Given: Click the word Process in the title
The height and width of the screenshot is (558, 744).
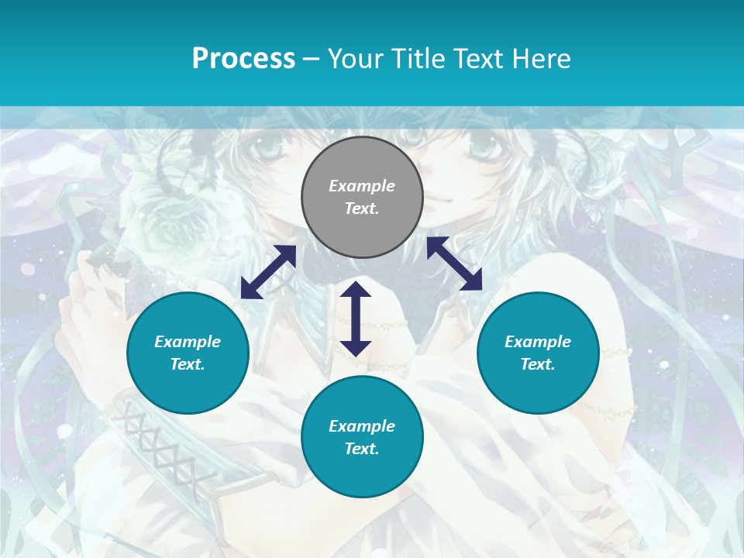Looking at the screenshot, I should coord(243,59).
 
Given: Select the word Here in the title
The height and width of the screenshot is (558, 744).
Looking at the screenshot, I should coord(540,59).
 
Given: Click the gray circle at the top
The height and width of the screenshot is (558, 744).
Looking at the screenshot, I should coord(362,198).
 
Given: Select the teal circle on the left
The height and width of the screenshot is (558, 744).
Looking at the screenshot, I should coord(188,353).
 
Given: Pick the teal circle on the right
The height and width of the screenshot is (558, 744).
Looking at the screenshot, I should coord(538,353).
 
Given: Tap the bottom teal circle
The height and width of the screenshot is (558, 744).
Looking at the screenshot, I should coord(362,437).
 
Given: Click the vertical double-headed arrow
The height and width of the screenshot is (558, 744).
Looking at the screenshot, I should coord(356,319).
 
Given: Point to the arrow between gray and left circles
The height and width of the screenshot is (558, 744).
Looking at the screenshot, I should coord(268,272).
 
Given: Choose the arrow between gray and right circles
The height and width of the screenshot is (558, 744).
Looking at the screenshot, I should coord(454,263).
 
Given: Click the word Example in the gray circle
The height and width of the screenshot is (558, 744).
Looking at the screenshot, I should coord(362,186).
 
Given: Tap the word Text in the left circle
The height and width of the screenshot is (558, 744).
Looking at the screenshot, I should coord(188,364).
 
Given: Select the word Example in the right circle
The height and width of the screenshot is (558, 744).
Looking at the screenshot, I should coord(538,342).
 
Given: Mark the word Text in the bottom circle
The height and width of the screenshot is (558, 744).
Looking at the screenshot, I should coord(362,449).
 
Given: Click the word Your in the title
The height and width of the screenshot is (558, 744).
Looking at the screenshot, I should coord(353,59).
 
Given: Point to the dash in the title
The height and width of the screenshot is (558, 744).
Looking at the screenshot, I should coord(312,59).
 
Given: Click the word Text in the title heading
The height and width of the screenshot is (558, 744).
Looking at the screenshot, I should coord(475,59).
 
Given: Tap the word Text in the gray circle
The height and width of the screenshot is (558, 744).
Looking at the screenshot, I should coord(362,208).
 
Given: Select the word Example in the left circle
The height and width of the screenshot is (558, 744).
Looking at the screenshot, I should coord(188,342).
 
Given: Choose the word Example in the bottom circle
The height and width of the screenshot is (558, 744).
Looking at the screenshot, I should coord(362,426).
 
